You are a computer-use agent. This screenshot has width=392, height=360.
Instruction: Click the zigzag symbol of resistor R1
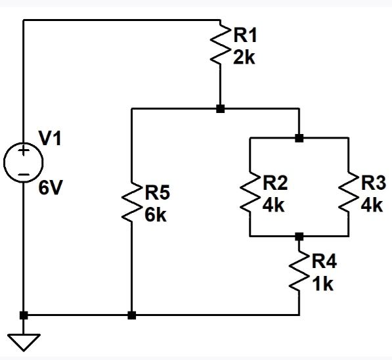[x=221, y=45]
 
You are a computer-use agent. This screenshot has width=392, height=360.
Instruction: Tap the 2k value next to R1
[x=244, y=57]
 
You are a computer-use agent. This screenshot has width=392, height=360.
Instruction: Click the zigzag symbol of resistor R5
[x=132, y=204]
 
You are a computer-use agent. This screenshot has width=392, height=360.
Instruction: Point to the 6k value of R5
[x=156, y=215]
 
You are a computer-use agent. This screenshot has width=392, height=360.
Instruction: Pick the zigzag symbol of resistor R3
[x=347, y=193]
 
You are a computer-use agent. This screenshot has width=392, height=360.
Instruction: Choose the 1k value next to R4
[x=322, y=284]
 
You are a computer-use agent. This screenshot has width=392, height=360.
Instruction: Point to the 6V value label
[x=51, y=189]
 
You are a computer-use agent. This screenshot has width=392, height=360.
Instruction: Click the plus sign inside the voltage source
[x=24, y=152]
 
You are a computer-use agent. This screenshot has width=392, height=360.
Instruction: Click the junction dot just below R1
[x=221, y=108]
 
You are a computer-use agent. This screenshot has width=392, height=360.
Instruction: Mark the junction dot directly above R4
[x=299, y=236]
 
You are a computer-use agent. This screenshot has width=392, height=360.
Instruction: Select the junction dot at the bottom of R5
[x=132, y=315]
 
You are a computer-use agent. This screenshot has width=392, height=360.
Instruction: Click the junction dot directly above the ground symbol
[x=24, y=315]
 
